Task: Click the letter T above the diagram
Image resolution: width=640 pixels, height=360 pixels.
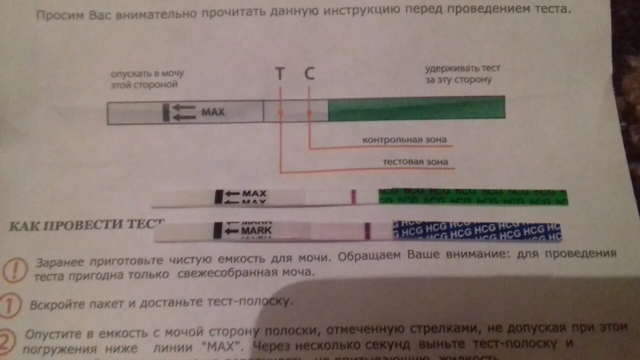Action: (x=279, y=74)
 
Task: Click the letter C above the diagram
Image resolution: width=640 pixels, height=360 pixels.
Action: (x=309, y=74)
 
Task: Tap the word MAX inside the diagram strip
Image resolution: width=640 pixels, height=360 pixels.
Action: (x=212, y=111)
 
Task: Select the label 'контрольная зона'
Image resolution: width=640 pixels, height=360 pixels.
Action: (x=404, y=139)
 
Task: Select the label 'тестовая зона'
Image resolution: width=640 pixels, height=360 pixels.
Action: (x=415, y=161)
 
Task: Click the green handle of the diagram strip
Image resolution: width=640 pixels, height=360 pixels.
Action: (x=416, y=108)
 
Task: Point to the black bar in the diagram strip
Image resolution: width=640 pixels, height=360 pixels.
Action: (x=165, y=112)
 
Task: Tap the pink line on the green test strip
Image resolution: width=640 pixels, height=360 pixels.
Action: (x=352, y=197)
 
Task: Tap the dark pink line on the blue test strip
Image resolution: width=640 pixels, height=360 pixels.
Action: (x=367, y=231)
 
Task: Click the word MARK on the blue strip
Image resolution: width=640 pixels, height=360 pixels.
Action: (x=256, y=230)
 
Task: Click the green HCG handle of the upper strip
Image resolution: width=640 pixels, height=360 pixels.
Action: (x=472, y=197)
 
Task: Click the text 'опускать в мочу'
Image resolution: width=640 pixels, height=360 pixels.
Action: (x=147, y=73)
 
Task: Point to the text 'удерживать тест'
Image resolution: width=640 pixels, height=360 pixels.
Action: (x=462, y=68)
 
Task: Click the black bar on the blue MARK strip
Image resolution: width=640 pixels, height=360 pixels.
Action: (x=217, y=230)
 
